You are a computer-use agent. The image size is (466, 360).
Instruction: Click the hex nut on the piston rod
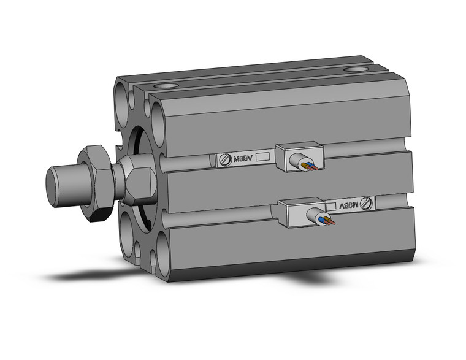click(98, 182)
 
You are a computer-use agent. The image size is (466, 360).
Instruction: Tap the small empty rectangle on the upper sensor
click(262, 158)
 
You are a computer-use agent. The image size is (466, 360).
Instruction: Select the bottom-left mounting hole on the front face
click(127, 234)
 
